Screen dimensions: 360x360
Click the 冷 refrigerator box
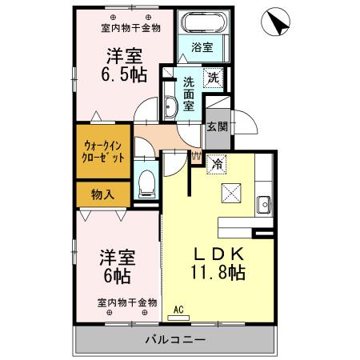[x=217, y=163]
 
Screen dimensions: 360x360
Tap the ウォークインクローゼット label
[x=104, y=151]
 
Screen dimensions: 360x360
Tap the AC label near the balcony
[x=179, y=309]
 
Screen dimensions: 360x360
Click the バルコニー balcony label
[x=175, y=339]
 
